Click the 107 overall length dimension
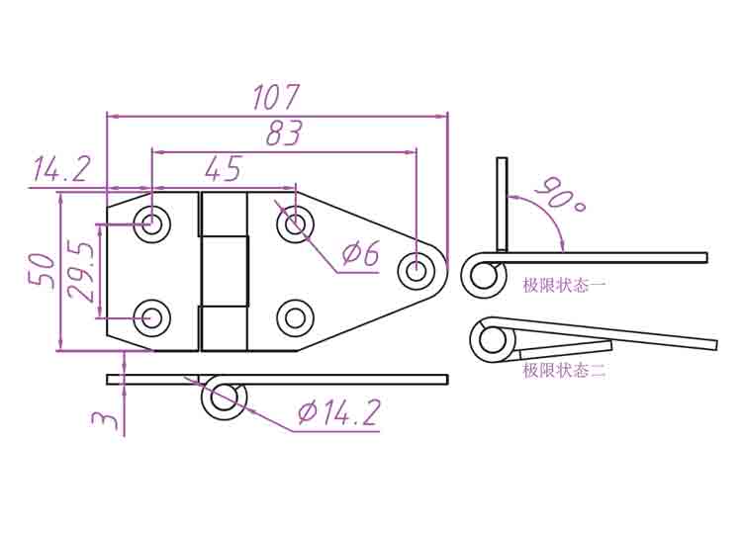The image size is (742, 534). coord(276,97)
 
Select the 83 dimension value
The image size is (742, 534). coord(284,133)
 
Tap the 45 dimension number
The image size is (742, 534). coord(224,169)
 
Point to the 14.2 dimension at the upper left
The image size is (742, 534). coord(60,169)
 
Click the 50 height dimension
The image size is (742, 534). coord(41,271)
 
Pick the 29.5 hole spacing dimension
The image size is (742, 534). coord(80,271)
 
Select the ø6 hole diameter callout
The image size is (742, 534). coord(360,253)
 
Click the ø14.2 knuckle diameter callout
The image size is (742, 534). coord(338,412)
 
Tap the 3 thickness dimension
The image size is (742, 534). coord(105,419)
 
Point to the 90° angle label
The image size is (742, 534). coord(561,195)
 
